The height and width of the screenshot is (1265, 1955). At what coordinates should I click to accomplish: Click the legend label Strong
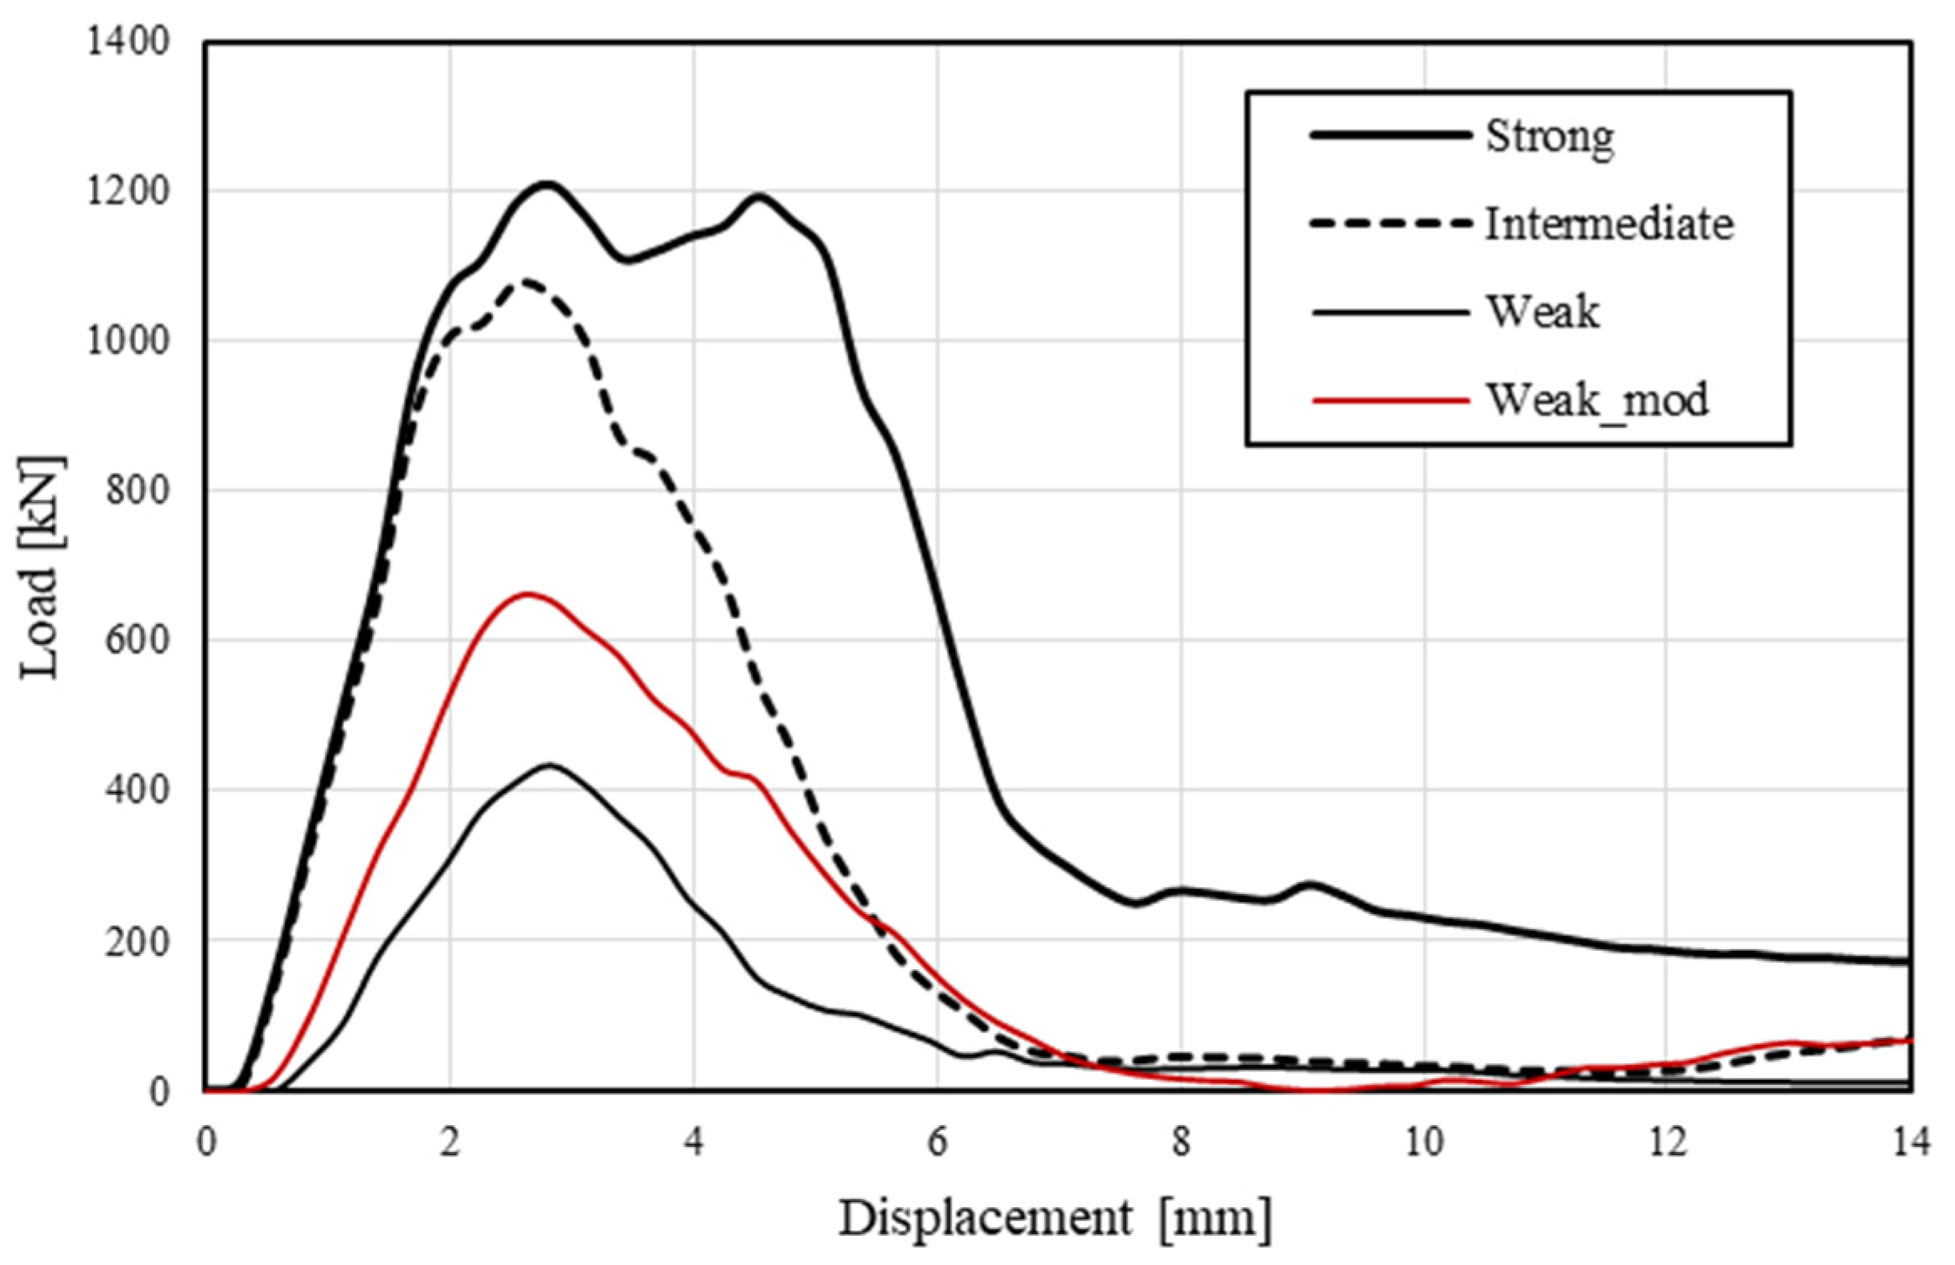click(x=1549, y=137)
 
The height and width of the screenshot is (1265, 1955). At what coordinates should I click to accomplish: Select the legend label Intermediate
click(x=1609, y=225)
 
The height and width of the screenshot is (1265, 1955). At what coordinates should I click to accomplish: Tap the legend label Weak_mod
click(x=1596, y=400)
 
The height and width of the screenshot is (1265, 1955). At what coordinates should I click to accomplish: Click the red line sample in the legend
click(x=1391, y=400)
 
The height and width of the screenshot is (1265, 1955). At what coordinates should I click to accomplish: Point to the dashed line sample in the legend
click(x=1391, y=225)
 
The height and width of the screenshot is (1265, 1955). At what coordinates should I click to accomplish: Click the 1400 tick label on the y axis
click(x=128, y=42)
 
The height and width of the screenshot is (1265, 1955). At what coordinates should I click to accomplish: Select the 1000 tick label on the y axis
click(x=128, y=341)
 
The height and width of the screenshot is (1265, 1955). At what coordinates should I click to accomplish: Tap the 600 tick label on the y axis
click(x=137, y=640)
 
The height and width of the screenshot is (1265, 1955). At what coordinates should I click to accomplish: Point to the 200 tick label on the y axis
click(x=137, y=942)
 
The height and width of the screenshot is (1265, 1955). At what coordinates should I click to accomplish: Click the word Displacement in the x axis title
click(x=985, y=1218)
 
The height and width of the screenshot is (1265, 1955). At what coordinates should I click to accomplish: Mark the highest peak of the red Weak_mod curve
click(x=526, y=593)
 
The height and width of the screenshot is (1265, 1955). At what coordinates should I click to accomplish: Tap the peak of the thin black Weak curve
click(x=549, y=764)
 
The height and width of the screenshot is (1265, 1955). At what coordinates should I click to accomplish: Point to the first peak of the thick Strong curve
click(x=546, y=183)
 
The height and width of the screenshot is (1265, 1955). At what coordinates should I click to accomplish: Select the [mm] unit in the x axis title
click(x=1215, y=1218)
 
